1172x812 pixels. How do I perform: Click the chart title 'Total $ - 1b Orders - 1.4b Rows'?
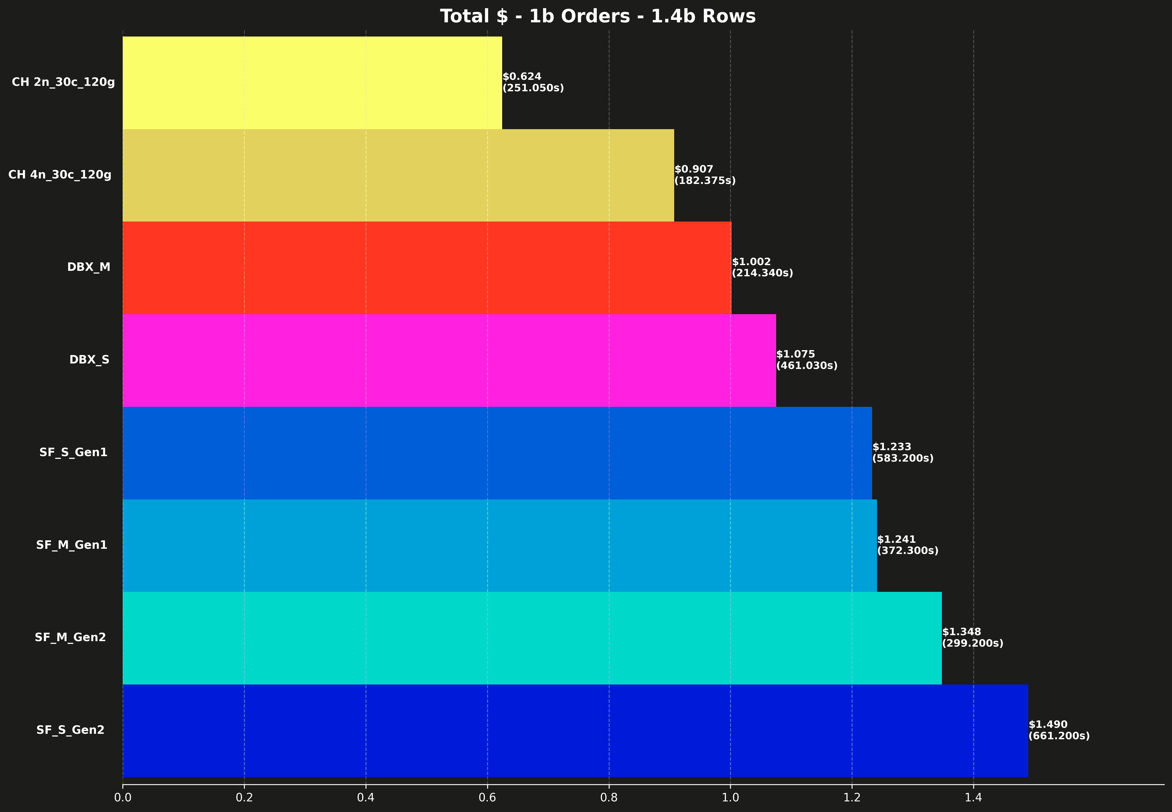[x=598, y=16]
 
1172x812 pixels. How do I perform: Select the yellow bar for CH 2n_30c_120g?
[x=312, y=82]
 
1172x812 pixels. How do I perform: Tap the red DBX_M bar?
[x=426, y=268]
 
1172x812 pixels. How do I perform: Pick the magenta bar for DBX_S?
[x=449, y=360]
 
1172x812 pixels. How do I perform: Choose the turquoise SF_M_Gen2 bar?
[x=532, y=638]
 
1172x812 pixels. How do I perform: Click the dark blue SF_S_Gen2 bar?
[x=575, y=731]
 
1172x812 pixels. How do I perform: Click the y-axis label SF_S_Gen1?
[x=73, y=452]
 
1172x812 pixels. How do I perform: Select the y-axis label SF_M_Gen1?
[x=72, y=545]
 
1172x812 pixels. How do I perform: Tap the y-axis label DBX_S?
[x=90, y=360]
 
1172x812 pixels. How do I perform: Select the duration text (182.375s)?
[x=705, y=181]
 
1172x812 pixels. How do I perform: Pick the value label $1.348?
[x=961, y=632]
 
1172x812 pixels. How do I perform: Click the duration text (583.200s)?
[x=903, y=458]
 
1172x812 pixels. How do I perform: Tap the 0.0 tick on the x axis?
[x=123, y=797]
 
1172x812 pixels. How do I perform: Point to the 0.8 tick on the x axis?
[x=609, y=797]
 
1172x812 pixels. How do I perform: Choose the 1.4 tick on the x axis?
[x=974, y=797]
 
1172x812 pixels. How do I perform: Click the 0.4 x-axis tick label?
[x=366, y=797]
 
